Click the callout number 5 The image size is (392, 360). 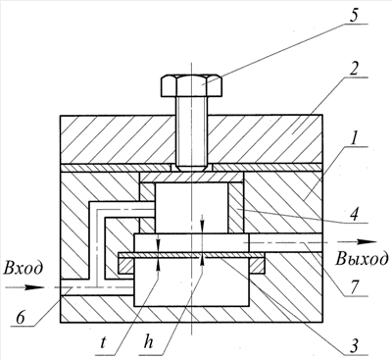(x=354, y=16)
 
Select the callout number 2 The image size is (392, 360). (x=355, y=69)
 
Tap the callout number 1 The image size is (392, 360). (x=353, y=137)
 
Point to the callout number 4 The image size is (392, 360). (x=355, y=214)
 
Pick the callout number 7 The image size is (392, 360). (x=355, y=287)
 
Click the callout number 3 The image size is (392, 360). (x=353, y=346)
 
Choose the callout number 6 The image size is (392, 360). (x=21, y=318)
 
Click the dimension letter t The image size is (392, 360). (x=104, y=342)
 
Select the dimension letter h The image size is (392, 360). (x=148, y=341)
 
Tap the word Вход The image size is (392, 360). (x=23, y=268)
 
